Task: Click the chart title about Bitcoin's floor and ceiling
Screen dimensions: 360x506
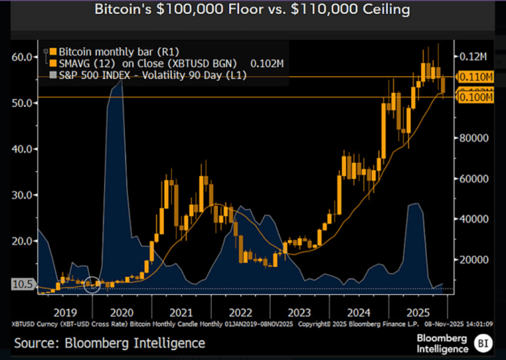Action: point(252,10)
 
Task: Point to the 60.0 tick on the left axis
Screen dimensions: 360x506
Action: point(22,57)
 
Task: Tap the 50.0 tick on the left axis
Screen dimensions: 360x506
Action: point(22,103)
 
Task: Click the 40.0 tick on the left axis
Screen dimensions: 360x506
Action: point(22,149)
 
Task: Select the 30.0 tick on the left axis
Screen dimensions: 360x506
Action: point(22,195)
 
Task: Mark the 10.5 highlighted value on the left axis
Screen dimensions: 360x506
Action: point(22,284)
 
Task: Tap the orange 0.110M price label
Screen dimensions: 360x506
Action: point(476,77)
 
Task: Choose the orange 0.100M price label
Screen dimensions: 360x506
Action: point(476,98)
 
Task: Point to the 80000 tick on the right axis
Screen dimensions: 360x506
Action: point(473,138)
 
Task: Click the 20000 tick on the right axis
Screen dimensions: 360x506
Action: point(473,260)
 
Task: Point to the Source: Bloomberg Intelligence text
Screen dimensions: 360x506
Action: point(109,343)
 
